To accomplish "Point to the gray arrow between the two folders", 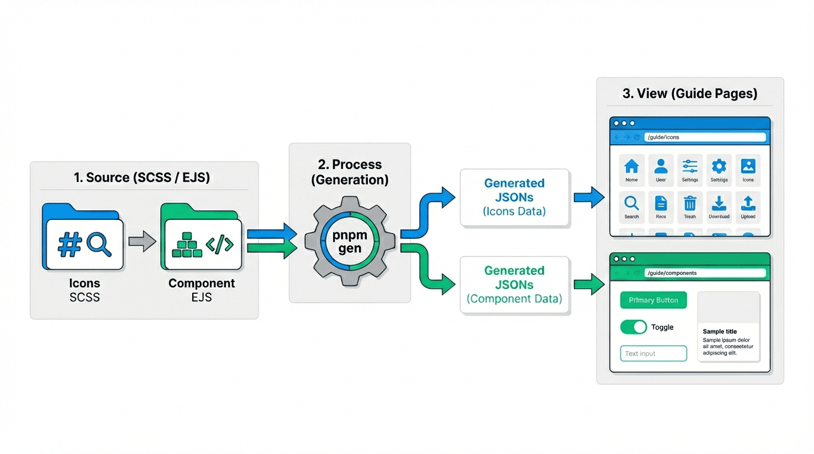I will (142, 241).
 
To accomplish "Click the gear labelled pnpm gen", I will (350, 242).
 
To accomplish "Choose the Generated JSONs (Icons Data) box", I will (514, 197).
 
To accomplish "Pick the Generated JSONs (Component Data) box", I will (514, 285).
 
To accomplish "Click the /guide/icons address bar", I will (705, 137).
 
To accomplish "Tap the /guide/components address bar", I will (705, 273).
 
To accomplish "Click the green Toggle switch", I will (634, 327).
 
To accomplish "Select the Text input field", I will (654, 354).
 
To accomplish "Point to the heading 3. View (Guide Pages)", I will (690, 93).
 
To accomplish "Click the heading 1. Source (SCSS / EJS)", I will (142, 177).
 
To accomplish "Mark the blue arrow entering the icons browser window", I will (589, 197).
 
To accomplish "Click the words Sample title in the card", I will (719, 332).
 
